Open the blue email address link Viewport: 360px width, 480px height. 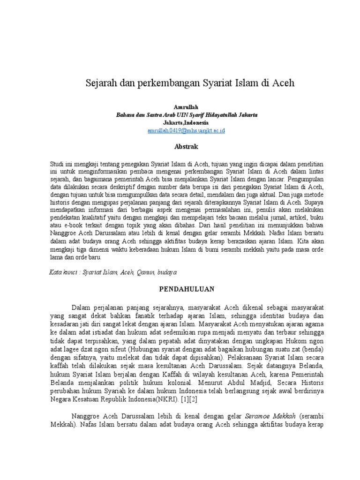[x=187, y=130]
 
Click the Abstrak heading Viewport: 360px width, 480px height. [x=187, y=147]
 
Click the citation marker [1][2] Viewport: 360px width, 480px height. [x=186, y=400]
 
